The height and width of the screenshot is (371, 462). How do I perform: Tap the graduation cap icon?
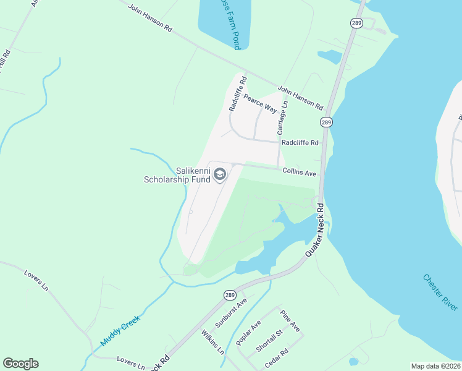(219, 176)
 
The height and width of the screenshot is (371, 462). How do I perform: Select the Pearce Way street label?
(260, 103)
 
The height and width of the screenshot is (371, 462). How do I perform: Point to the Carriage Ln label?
(282, 118)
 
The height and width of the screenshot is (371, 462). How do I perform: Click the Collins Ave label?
(300, 173)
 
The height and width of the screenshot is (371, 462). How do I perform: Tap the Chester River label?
(440, 292)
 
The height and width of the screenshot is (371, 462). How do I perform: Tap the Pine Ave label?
(289, 320)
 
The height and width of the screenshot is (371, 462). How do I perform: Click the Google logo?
(20, 364)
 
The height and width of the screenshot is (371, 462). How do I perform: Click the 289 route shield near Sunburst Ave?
(228, 294)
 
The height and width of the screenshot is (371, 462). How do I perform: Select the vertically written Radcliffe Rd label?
(238, 93)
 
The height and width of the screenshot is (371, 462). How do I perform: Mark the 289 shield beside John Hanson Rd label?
(327, 122)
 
